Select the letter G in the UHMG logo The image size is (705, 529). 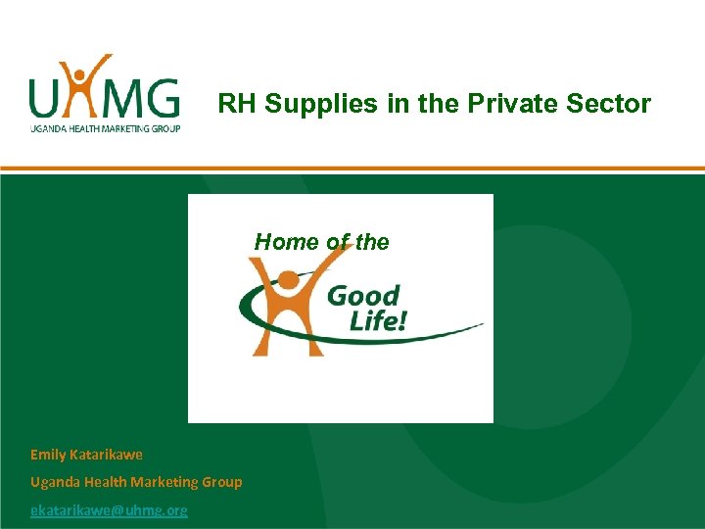[x=161, y=98]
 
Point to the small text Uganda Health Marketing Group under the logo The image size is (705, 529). [x=105, y=128]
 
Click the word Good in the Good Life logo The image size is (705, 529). [x=363, y=296]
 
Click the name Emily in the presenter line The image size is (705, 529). [x=49, y=455]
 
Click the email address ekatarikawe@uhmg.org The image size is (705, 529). [x=109, y=510]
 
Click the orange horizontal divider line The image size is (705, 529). [x=352, y=168]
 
